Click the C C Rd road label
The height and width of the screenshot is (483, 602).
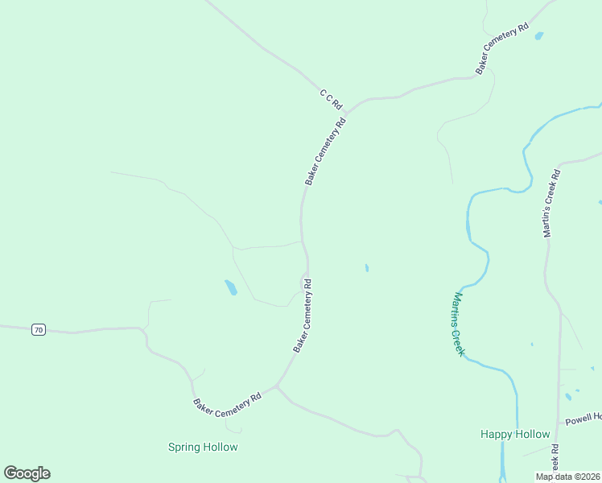331,100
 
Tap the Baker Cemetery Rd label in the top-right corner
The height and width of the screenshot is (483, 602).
501,49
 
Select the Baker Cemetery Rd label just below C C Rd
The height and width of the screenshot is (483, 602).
325,151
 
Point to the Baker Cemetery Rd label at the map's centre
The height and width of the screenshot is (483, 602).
303,316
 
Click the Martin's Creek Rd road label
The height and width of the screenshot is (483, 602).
551,203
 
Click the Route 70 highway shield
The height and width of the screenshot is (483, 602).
38,329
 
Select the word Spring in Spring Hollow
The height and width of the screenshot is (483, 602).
185,447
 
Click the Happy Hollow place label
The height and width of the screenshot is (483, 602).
515,434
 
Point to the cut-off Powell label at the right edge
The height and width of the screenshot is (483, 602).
583,419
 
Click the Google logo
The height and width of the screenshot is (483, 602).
27,473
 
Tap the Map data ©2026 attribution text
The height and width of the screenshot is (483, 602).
568,477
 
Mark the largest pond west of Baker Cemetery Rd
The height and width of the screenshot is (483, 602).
231,287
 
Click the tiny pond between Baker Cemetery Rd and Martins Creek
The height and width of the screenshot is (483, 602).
367,267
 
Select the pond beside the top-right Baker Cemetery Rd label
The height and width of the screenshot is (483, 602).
538,35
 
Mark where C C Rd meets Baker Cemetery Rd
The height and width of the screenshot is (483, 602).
351,109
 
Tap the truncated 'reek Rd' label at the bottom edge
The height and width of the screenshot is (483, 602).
555,461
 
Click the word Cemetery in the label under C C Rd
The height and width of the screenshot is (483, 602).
325,150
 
